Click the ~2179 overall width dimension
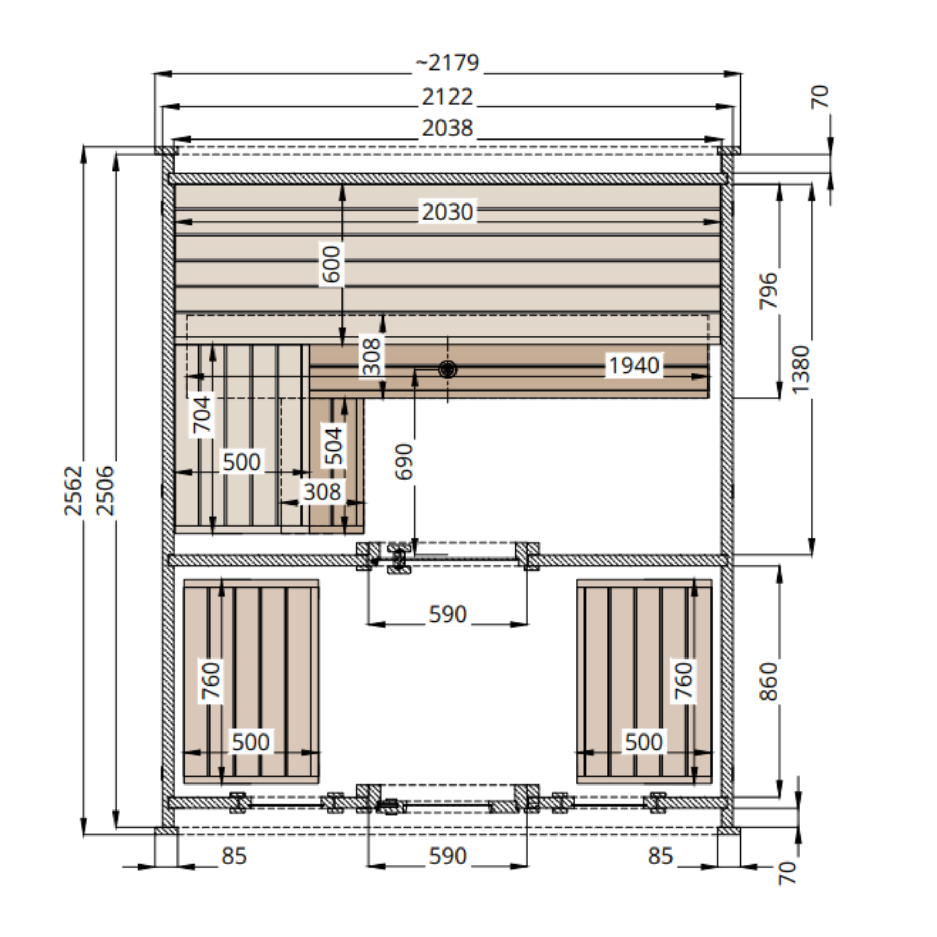(x=447, y=62)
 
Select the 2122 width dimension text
(x=447, y=97)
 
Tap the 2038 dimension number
(x=447, y=128)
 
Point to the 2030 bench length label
(x=447, y=212)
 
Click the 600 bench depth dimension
(x=332, y=264)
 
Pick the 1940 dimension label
(x=634, y=365)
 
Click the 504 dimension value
(x=334, y=446)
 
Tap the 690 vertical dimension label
(x=404, y=461)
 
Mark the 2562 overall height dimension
(x=73, y=491)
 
